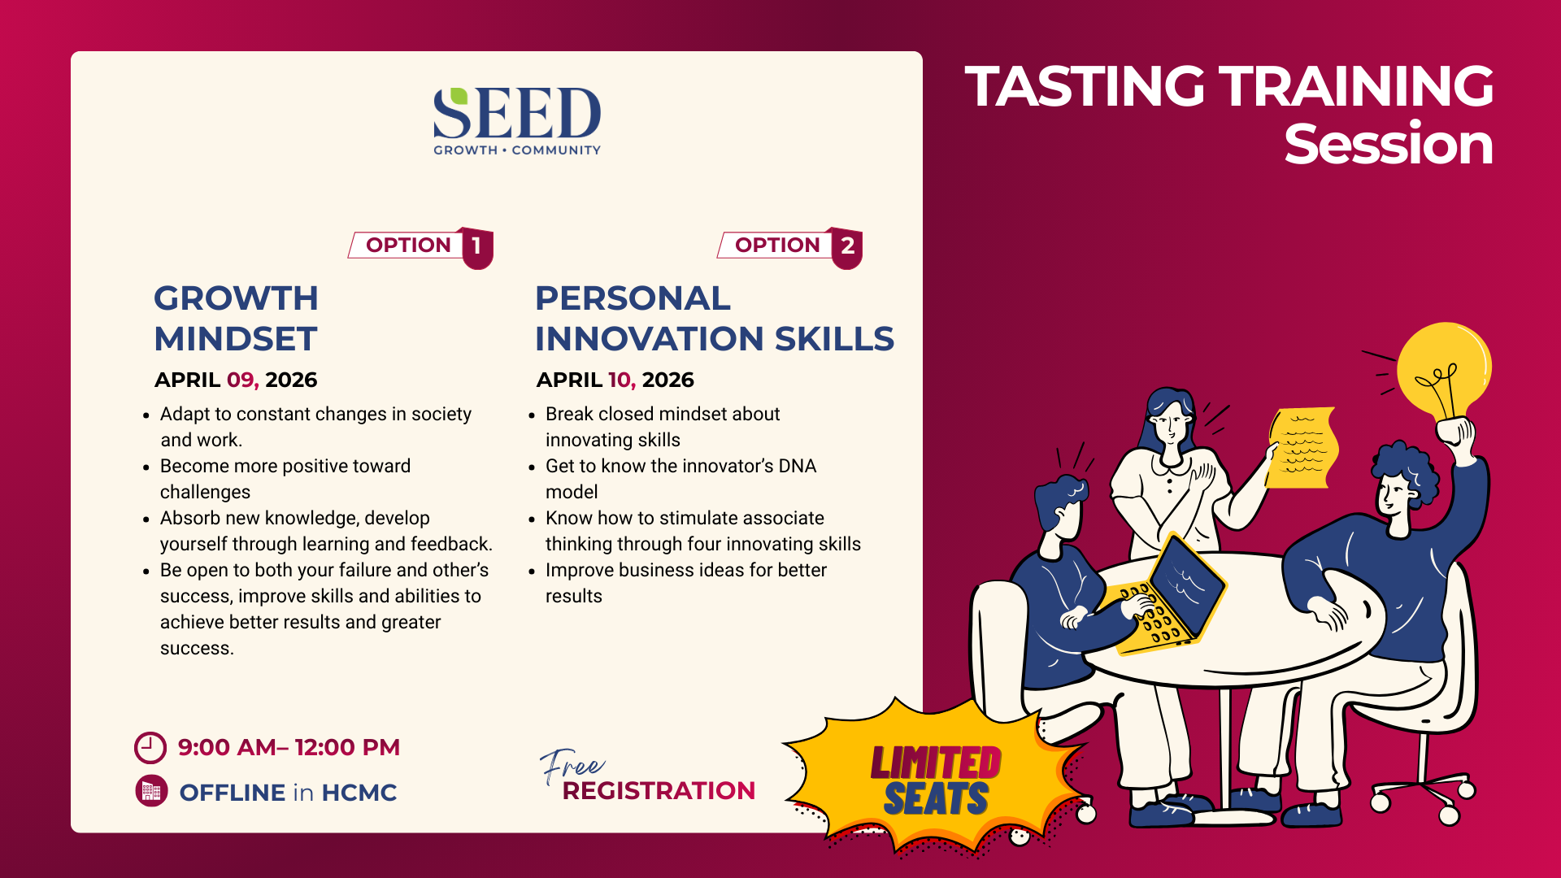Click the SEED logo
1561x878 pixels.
(x=517, y=121)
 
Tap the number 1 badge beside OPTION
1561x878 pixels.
(x=477, y=247)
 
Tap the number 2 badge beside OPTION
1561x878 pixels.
(x=847, y=247)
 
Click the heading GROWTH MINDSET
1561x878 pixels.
(x=236, y=319)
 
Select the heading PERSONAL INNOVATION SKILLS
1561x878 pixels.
(x=715, y=319)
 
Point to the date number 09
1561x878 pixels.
(x=241, y=380)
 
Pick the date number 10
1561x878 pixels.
(x=622, y=380)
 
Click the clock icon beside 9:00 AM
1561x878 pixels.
(x=150, y=748)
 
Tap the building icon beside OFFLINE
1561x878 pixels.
(x=151, y=792)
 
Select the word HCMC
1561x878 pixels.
(x=359, y=793)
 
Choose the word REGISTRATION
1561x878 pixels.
(x=659, y=791)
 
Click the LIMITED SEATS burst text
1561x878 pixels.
(x=936, y=780)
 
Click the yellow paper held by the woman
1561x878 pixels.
(x=1302, y=448)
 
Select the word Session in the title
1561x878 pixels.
(x=1389, y=145)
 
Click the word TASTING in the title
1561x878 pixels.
(x=1085, y=86)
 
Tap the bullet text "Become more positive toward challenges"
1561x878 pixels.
(x=285, y=479)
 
